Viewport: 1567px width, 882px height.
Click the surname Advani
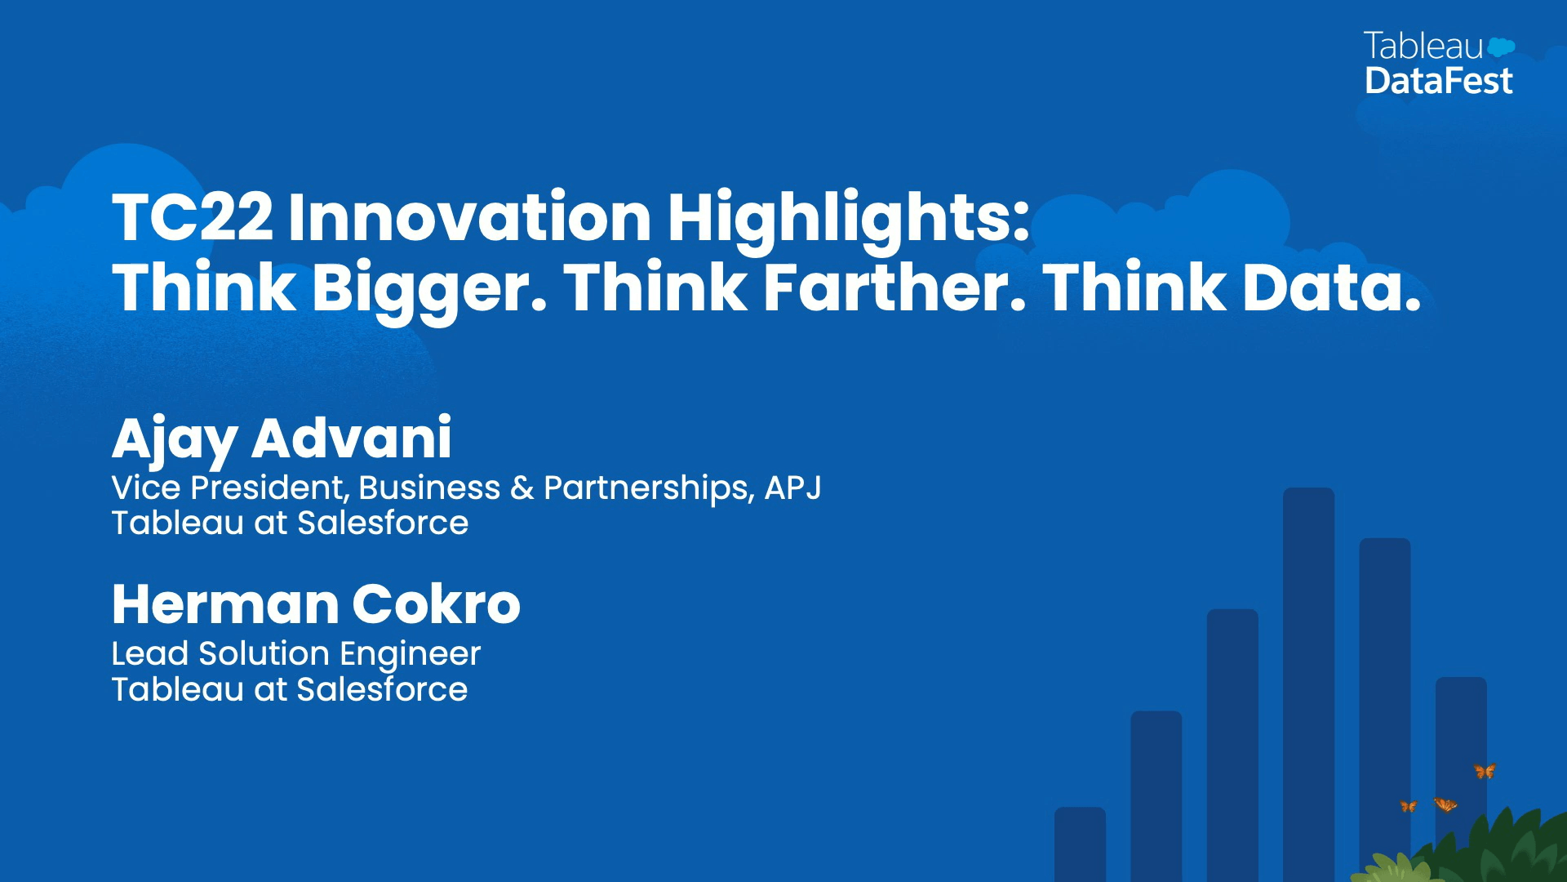tap(352, 438)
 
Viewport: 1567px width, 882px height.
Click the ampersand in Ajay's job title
tap(522, 488)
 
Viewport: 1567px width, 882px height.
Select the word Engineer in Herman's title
tap(411, 656)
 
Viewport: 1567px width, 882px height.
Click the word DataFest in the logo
tap(1439, 81)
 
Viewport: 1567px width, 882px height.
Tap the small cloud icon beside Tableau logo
tap(1501, 47)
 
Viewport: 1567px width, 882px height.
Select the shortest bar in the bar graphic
tap(1080, 844)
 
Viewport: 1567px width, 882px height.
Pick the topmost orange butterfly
tap(1485, 771)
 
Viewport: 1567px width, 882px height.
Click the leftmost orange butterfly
tap(1408, 806)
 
